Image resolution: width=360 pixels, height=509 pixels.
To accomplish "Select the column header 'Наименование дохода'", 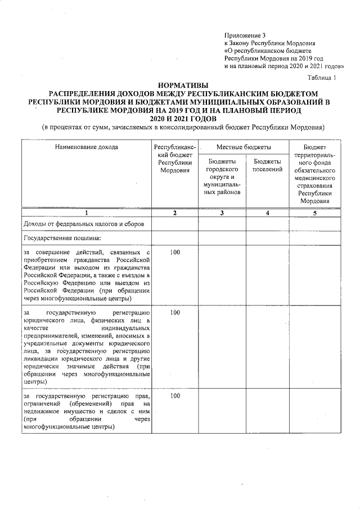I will tap(87, 147).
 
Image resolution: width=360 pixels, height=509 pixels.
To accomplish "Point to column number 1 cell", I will tap(87, 213).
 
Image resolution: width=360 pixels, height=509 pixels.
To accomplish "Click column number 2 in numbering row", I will tap(175, 213).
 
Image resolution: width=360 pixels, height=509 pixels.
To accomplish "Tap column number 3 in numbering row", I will tap(222, 213).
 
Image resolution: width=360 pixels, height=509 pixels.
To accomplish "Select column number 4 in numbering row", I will tap(267, 213).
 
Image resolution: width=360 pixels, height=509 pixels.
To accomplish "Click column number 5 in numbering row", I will tap(314, 213).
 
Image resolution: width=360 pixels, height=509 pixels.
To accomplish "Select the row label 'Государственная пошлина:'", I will tap(55, 239).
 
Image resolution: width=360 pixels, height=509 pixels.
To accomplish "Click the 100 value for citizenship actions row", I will tap(175, 252).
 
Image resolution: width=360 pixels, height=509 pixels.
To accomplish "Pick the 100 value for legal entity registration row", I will tap(175, 312).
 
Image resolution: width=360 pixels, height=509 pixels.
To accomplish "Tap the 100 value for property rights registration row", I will tap(175, 396).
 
